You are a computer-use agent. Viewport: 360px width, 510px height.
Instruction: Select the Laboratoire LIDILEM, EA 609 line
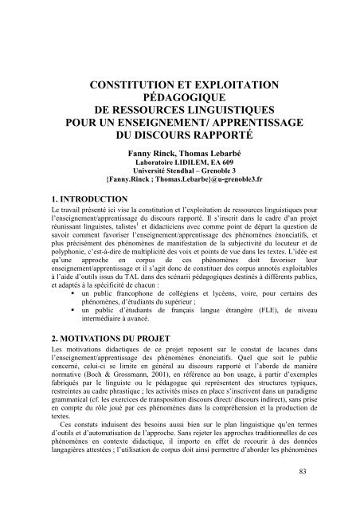point(178,161)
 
